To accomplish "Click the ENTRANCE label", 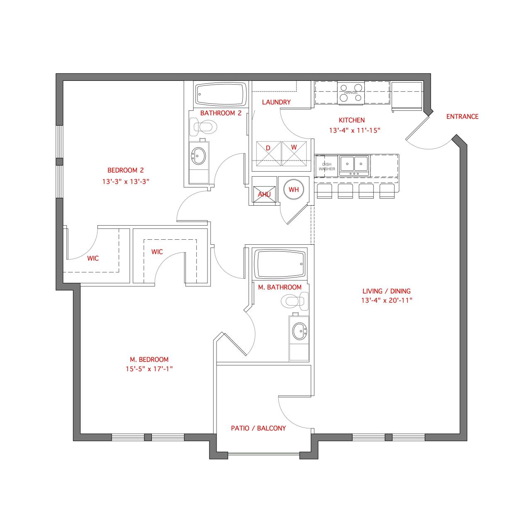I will tap(462, 117).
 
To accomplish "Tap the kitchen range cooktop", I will tap(351, 92).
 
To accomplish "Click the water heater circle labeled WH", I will tap(294, 190).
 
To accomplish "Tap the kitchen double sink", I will tap(354, 164).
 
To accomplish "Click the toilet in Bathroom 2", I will tap(202, 127).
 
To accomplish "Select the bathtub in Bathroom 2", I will tap(220, 95).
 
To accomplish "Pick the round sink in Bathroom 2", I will tap(199, 156).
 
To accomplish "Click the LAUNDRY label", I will tap(276, 102).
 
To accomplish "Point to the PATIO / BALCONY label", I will tap(258, 428).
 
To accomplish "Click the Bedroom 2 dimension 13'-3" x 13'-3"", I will tap(125, 181).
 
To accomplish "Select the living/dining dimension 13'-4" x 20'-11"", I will tap(386, 301).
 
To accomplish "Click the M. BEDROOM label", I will tap(149, 360).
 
